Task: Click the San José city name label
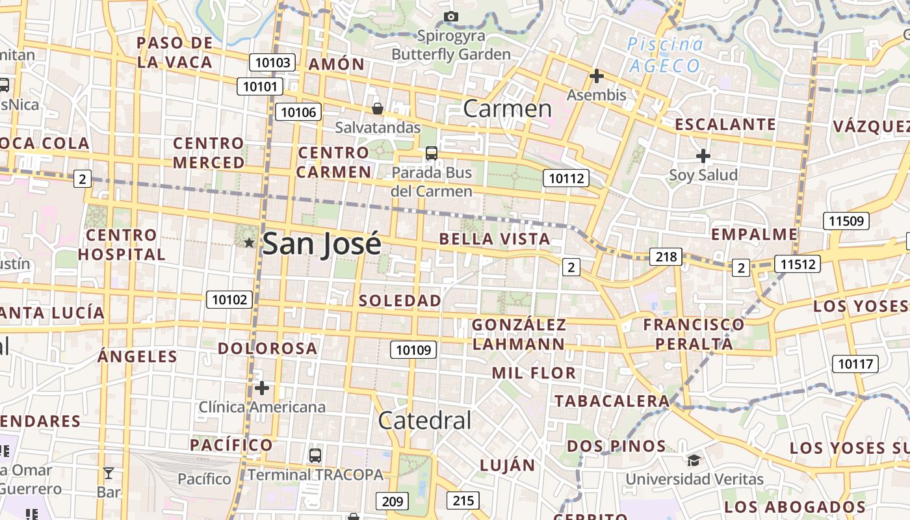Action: (321, 244)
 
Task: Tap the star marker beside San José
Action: (249, 242)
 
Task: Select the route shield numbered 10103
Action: (272, 62)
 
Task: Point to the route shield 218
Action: (666, 257)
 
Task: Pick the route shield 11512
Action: (797, 264)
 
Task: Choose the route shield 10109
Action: (413, 350)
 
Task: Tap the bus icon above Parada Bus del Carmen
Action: (432, 153)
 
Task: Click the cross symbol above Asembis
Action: (596, 76)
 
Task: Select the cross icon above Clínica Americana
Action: (262, 388)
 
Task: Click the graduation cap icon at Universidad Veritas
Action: (694, 460)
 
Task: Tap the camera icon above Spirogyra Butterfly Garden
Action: (451, 16)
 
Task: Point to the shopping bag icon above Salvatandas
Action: (378, 108)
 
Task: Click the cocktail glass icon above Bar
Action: (109, 473)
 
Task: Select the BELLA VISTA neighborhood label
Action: (495, 239)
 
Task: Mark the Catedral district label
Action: (424, 421)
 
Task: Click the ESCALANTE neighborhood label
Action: (725, 124)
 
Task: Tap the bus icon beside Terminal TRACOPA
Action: (315, 455)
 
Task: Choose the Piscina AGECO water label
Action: (665, 55)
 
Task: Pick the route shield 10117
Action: (855, 364)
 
